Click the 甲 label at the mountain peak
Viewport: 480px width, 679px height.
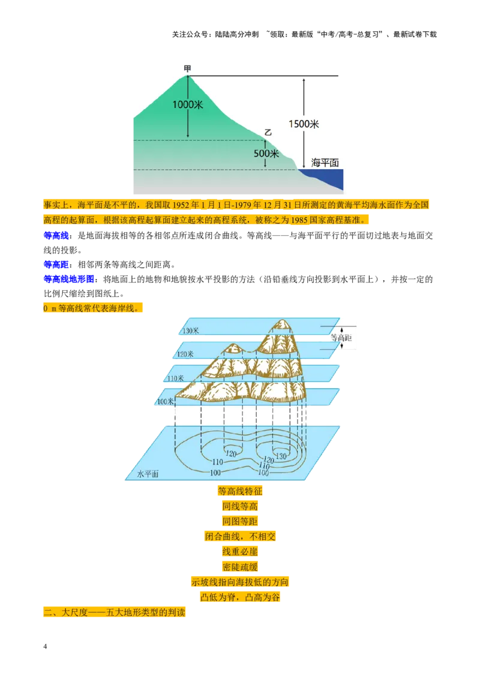[x=188, y=68]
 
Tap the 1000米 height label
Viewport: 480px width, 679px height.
[x=188, y=105]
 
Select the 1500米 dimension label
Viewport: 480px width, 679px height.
[x=304, y=124]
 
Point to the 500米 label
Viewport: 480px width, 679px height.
[x=266, y=154]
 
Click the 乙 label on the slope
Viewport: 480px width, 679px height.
[x=268, y=132]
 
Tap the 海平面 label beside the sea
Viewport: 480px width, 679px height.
[x=325, y=163]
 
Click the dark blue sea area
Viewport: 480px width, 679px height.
[x=325, y=178]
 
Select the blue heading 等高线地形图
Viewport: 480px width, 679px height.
[x=68, y=280]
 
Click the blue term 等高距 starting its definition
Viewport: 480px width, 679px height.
[x=56, y=265]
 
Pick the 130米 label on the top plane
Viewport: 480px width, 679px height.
[x=191, y=331]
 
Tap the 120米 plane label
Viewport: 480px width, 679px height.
[x=185, y=354]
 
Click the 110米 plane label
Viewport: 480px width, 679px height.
[x=175, y=378]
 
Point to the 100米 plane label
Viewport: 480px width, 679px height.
[x=165, y=402]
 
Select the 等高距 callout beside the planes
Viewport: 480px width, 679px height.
[x=341, y=338]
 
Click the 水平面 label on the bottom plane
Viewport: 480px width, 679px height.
[x=148, y=474]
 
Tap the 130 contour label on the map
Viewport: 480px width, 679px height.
[x=281, y=456]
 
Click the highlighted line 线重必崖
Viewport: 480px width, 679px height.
[x=240, y=552]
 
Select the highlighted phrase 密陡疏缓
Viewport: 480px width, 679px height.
[x=240, y=567]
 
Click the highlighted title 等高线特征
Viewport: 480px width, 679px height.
[x=240, y=491]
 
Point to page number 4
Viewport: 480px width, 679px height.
[x=45, y=647]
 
